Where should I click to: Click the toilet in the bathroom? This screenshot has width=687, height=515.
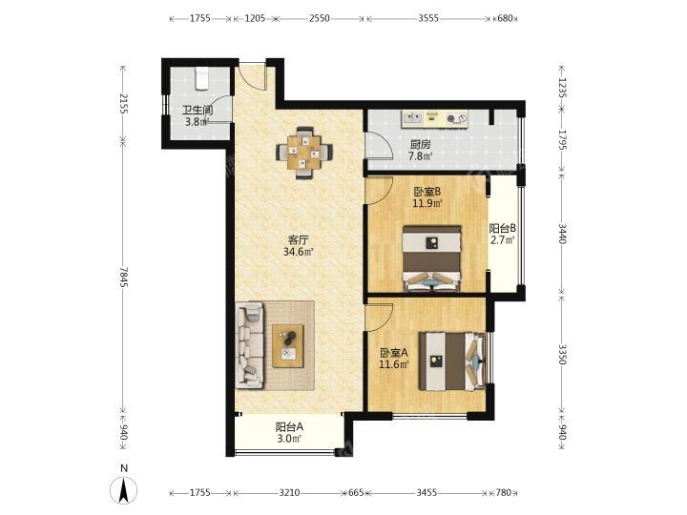201,78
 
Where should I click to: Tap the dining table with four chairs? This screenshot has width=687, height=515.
303,153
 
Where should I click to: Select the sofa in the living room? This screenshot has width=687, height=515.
250,345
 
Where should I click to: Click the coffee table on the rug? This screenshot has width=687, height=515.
288,345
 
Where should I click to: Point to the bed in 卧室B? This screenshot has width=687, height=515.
431,258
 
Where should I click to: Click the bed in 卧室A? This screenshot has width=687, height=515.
452,361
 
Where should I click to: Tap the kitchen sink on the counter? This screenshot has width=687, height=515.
412,118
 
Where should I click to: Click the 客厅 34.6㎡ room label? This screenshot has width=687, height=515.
299,245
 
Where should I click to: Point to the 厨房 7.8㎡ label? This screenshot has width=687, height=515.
420,150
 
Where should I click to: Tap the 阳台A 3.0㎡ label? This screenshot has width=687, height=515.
289,432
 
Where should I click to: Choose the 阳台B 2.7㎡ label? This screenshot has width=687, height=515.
502,234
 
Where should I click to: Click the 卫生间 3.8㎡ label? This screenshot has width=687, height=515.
198,115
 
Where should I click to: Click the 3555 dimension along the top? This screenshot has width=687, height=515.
428,18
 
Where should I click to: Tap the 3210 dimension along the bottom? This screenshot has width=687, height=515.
289,493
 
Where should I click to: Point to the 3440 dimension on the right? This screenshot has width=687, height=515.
563,234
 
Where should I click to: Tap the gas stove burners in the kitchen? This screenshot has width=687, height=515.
456,118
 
